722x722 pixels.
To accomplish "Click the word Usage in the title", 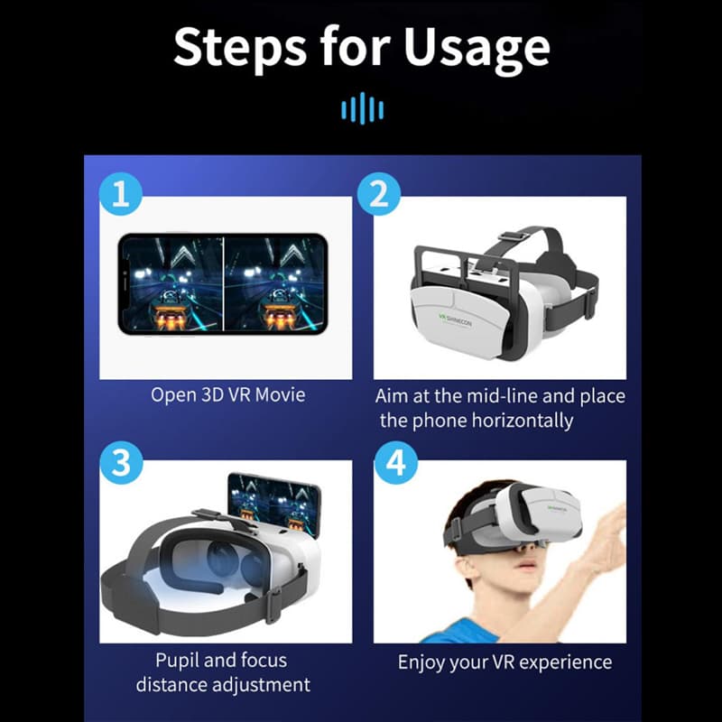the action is (x=477, y=49).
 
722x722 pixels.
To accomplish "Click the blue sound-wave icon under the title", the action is (x=363, y=108).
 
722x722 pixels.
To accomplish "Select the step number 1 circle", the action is (x=121, y=193).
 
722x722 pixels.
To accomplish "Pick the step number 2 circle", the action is (x=379, y=193).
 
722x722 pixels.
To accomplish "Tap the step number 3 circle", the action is (x=121, y=462).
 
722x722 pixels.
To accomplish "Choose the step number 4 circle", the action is (x=396, y=462).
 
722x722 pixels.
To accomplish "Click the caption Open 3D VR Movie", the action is (x=228, y=395).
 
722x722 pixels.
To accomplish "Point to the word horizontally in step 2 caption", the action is (x=523, y=421).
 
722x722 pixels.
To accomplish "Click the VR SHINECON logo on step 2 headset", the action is (x=455, y=320).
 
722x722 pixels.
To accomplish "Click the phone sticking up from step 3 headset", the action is (x=274, y=504).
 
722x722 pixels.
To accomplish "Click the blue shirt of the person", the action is (x=460, y=632).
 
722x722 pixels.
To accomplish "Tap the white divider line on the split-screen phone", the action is (x=223, y=283).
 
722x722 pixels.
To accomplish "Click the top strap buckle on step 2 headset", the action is (x=513, y=236).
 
